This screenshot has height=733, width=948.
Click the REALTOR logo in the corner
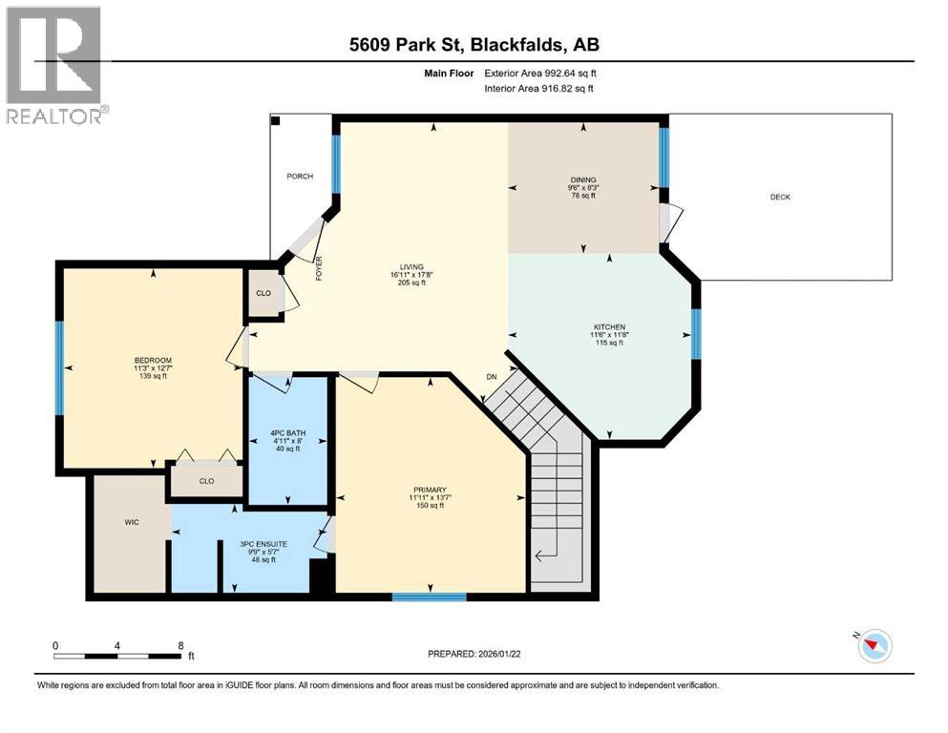[x=55, y=65]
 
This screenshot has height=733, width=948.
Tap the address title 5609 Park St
[x=474, y=44]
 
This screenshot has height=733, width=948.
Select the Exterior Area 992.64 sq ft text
[x=544, y=73]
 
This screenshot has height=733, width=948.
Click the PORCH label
[x=301, y=177]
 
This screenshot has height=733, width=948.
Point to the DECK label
[x=780, y=198]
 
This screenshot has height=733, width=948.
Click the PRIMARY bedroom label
[x=431, y=490]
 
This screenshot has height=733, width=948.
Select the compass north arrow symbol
[x=873, y=646]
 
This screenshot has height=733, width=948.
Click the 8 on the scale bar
[x=180, y=645]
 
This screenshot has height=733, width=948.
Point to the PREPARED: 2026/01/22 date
[x=474, y=654]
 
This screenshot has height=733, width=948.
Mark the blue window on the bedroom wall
[x=58, y=368]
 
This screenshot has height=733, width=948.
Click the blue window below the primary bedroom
[x=429, y=597]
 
